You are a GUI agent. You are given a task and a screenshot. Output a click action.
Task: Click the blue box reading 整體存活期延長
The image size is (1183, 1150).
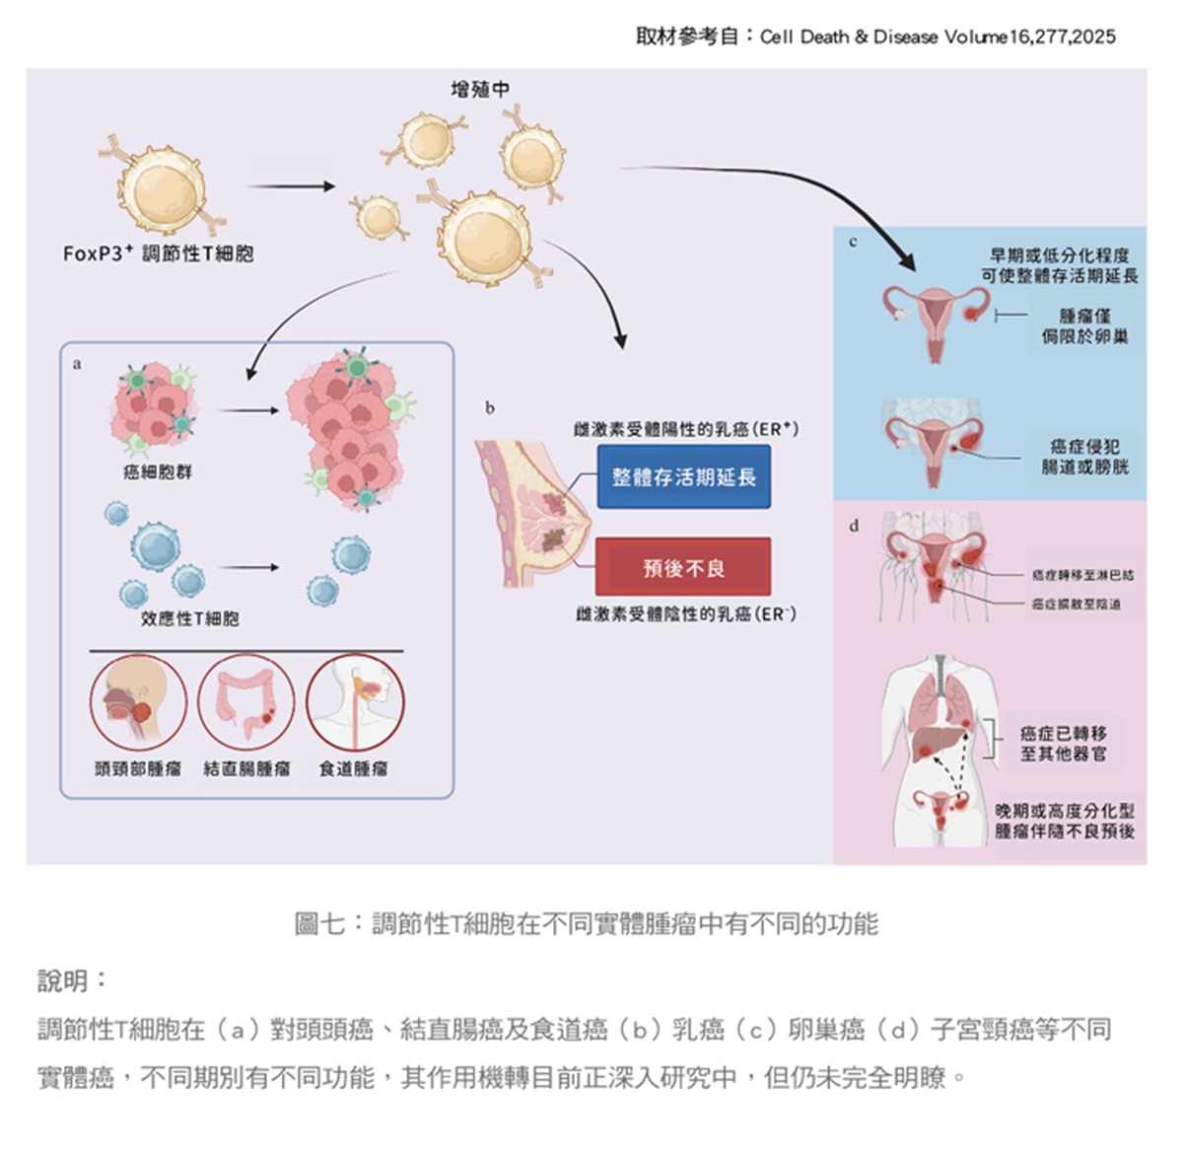click(x=683, y=477)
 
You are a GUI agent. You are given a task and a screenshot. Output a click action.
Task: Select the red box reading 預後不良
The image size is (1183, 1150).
click(x=683, y=567)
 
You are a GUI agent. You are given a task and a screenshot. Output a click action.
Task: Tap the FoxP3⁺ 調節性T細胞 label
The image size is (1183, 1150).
click(x=159, y=253)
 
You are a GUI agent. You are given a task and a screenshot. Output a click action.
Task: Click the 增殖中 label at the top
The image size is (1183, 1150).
click(x=480, y=89)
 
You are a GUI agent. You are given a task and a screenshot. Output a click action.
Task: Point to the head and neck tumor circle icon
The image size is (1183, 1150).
click(x=138, y=701)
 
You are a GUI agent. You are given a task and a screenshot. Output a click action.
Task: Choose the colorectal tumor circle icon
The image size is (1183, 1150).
click(x=246, y=701)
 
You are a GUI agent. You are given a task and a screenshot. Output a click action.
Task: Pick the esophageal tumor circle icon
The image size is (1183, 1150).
click(x=355, y=701)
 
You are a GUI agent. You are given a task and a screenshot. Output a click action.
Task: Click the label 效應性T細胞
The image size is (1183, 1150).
click(x=190, y=618)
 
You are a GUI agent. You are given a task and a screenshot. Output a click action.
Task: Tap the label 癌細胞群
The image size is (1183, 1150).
click(x=158, y=471)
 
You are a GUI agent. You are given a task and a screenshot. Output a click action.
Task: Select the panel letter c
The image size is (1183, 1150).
click(x=853, y=242)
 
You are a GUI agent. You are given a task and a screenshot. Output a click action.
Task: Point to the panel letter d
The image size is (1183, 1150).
click(x=854, y=526)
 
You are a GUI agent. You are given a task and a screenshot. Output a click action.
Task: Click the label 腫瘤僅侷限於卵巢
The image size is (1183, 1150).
click(x=1084, y=325)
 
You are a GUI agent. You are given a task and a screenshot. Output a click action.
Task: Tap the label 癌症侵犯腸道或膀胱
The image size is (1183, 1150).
click(x=1084, y=456)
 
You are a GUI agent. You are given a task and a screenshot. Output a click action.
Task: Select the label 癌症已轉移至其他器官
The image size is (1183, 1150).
click(x=1063, y=743)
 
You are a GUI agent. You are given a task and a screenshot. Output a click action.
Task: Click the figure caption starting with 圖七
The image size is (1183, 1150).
click(x=586, y=924)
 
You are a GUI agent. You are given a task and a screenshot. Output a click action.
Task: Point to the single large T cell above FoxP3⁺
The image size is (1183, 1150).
click(x=162, y=187)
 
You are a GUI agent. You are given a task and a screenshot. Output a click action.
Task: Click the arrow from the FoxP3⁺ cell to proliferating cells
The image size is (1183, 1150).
click(x=291, y=185)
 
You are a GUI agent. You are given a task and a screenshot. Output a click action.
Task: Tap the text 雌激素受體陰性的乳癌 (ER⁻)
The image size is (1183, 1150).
click(x=686, y=614)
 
